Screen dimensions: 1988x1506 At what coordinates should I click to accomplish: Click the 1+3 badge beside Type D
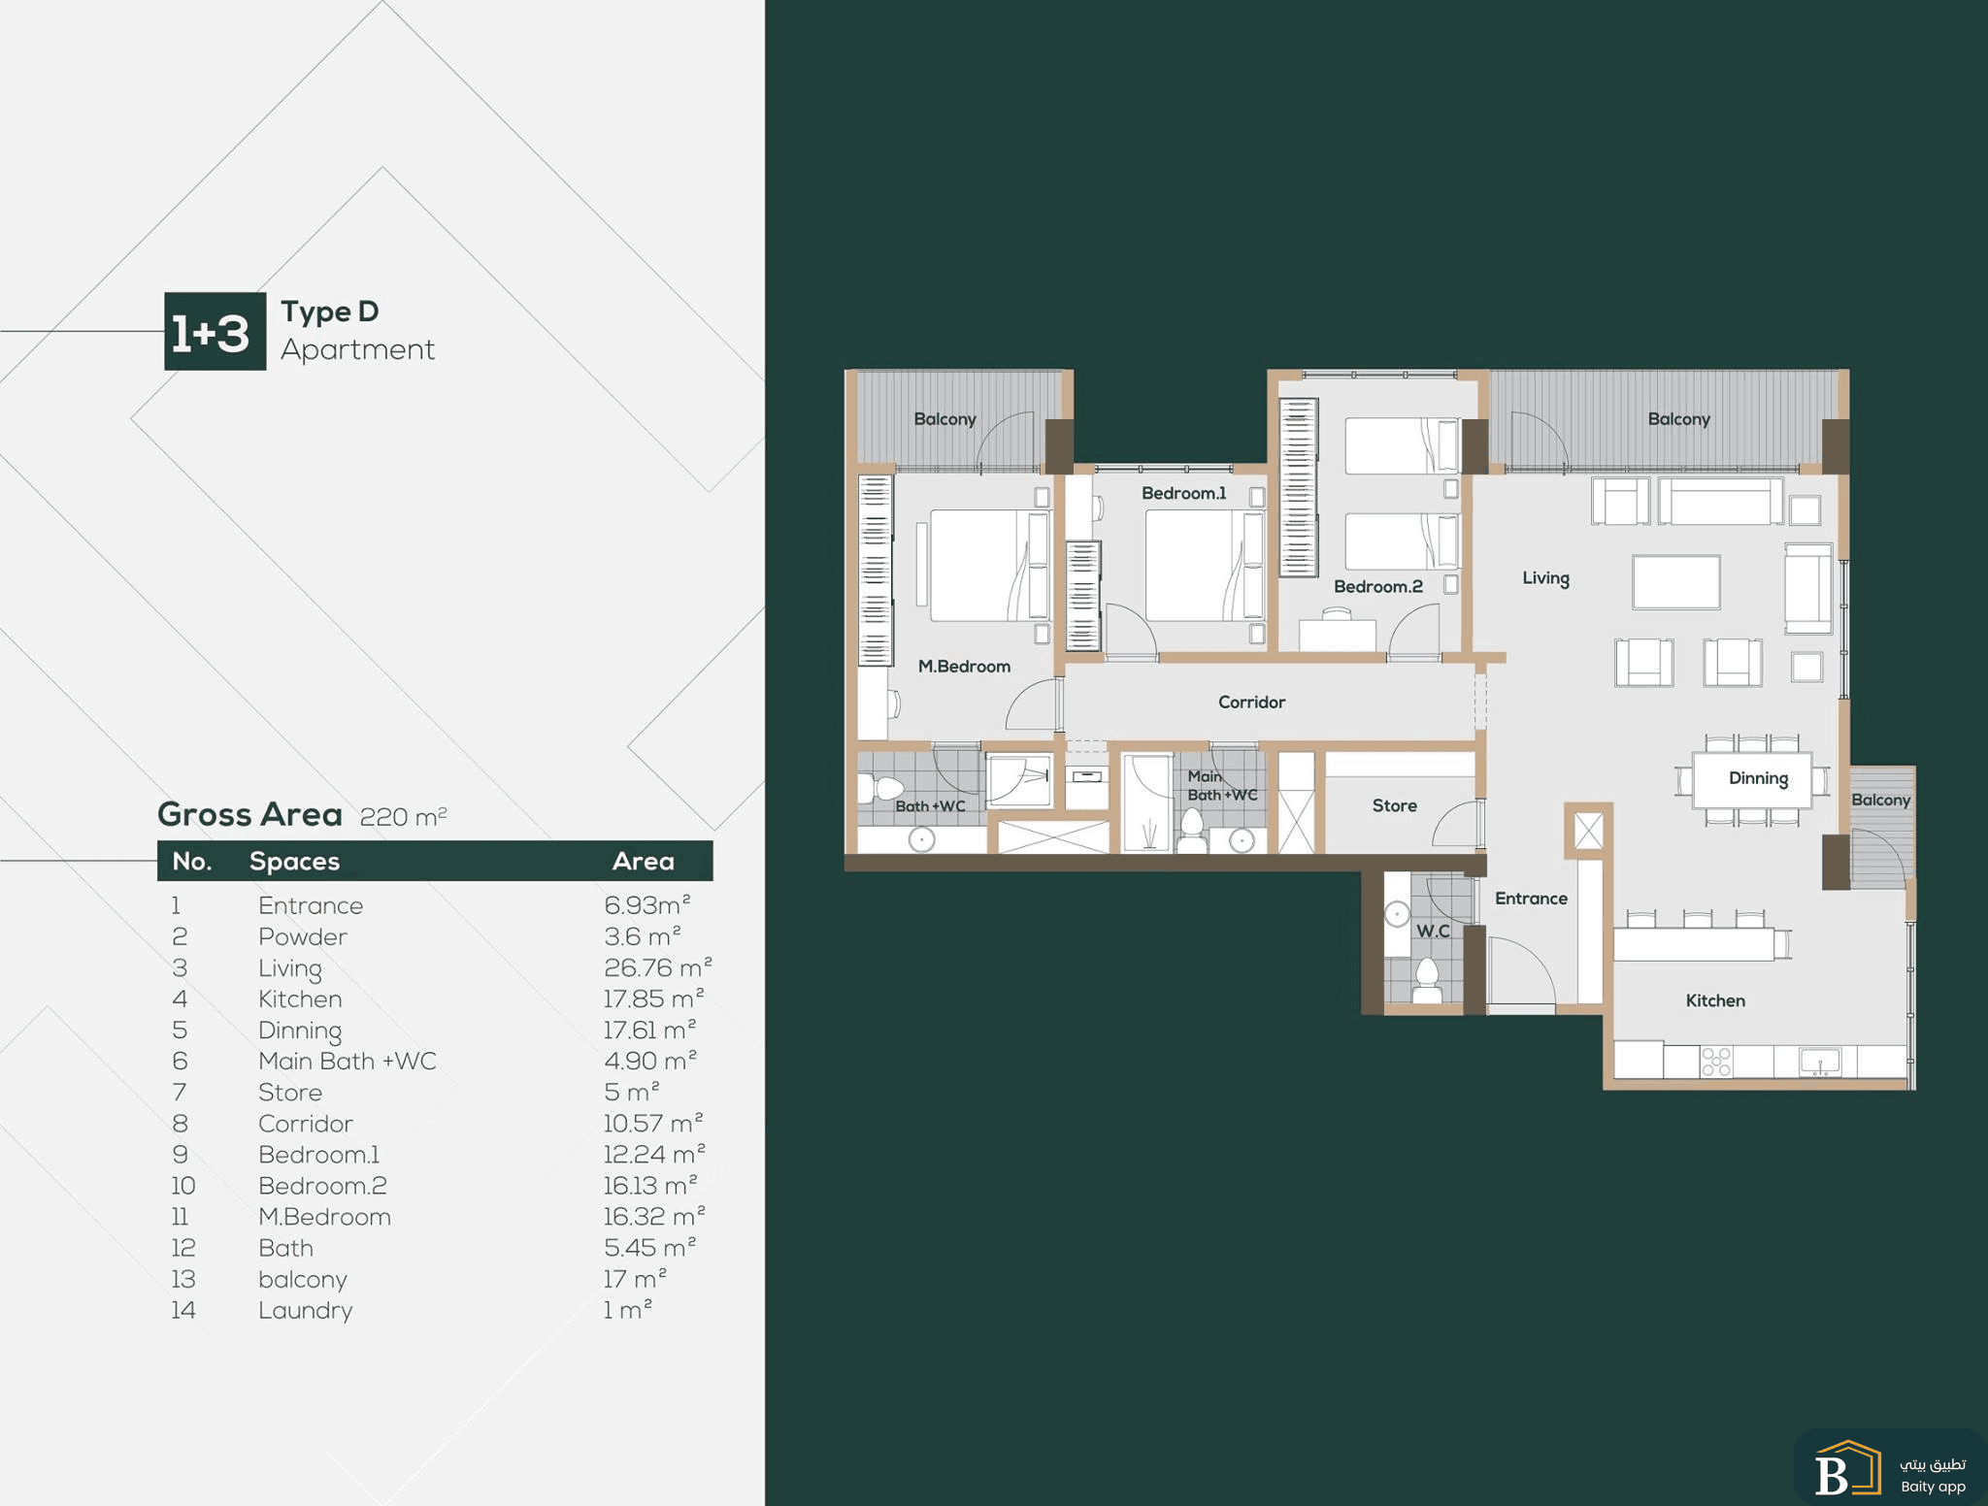[x=215, y=331]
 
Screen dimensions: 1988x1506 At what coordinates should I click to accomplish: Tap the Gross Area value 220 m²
[x=403, y=816]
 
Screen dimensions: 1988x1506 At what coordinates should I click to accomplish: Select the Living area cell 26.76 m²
[x=657, y=967]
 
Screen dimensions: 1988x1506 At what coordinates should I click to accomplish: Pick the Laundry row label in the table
[x=305, y=1310]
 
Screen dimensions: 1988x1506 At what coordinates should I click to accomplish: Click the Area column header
[x=643, y=861]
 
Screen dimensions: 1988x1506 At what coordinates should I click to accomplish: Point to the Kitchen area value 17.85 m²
[x=653, y=999]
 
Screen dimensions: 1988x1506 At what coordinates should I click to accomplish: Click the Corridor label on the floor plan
[x=1251, y=702]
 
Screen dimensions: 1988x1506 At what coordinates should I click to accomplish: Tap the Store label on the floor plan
[x=1394, y=805]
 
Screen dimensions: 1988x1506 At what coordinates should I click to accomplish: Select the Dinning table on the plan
[x=1752, y=780]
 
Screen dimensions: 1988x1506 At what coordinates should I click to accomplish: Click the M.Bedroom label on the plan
[x=964, y=667]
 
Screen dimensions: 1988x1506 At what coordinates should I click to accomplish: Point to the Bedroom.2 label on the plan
[x=1377, y=586]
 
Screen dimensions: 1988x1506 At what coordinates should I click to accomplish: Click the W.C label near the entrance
[x=1433, y=931]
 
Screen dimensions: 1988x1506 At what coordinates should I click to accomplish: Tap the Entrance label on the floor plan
[x=1531, y=899]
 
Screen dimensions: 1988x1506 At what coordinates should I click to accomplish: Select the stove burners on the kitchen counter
[x=1716, y=1062]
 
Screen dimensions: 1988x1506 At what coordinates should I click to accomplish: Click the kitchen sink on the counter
[x=1820, y=1061]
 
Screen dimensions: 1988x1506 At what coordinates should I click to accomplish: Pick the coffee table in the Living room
[x=1676, y=582]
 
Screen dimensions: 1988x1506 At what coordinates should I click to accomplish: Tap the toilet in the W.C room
[x=1427, y=980]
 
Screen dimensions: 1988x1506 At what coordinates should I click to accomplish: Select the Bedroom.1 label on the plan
[x=1183, y=493]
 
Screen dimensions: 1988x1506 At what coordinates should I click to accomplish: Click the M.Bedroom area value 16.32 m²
[x=653, y=1216]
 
